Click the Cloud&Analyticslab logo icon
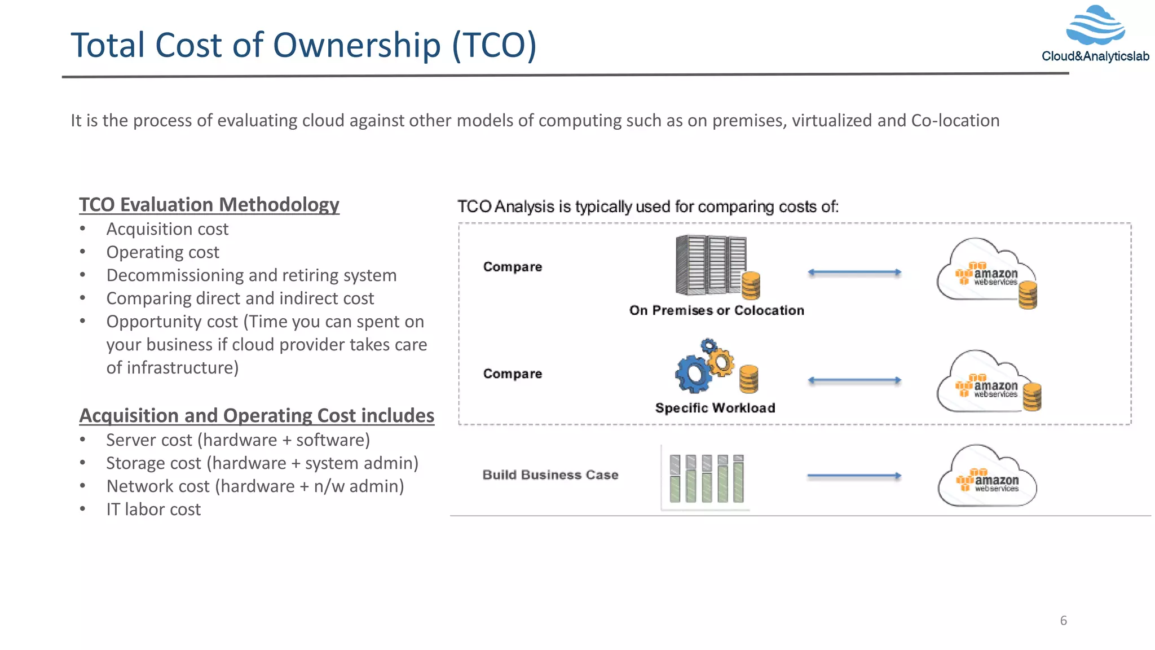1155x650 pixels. coord(1095,25)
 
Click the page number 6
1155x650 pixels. coord(1063,621)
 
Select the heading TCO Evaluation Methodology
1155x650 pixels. coord(209,204)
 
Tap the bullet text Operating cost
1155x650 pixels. coord(162,252)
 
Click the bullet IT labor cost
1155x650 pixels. coord(153,510)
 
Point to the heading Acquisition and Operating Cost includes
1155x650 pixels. coord(257,415)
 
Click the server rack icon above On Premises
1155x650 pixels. coord(709,265)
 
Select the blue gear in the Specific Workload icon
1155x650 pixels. coord(693,374)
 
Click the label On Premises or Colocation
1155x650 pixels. coord(716,310)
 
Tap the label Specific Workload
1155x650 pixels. coord(715,408)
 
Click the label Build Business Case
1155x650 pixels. coord(550,475)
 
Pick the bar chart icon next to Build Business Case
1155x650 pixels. coord(706,478)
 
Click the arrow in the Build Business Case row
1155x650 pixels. coord(854,476)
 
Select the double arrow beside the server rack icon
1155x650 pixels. coord(854,273)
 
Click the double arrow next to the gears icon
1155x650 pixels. coord(854,380)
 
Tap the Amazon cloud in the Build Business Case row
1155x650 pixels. coord(987,477)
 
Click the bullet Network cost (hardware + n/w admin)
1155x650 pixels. coord(255,486)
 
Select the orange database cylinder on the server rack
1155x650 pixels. coord(751,286)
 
